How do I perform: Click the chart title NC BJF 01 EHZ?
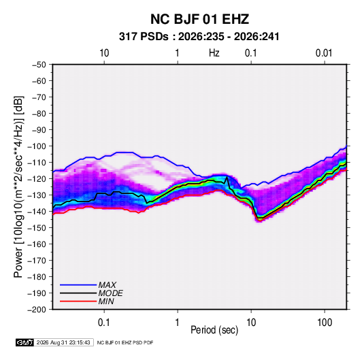(199, 19)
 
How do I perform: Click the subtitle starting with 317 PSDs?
(199, 37)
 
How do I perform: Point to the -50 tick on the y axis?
(39, 65)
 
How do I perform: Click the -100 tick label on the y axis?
(37, 146)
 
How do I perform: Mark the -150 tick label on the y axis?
(37, 228)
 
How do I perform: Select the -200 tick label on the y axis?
(37, 310)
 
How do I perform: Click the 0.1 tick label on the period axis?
(104, 323)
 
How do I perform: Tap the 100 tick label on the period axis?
(325, 323)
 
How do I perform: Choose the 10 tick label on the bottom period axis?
(251, 323)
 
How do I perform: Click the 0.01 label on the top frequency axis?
(324, 53)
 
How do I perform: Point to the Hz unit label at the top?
(214, 53)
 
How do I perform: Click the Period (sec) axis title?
(214, 330)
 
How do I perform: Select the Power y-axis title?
(19, 186)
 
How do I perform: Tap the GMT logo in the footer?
(24, 342)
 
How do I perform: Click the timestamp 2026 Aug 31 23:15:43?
(63, 342)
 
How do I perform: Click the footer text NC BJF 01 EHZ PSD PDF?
(125, 343)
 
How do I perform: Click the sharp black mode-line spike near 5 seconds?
(227, 177)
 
